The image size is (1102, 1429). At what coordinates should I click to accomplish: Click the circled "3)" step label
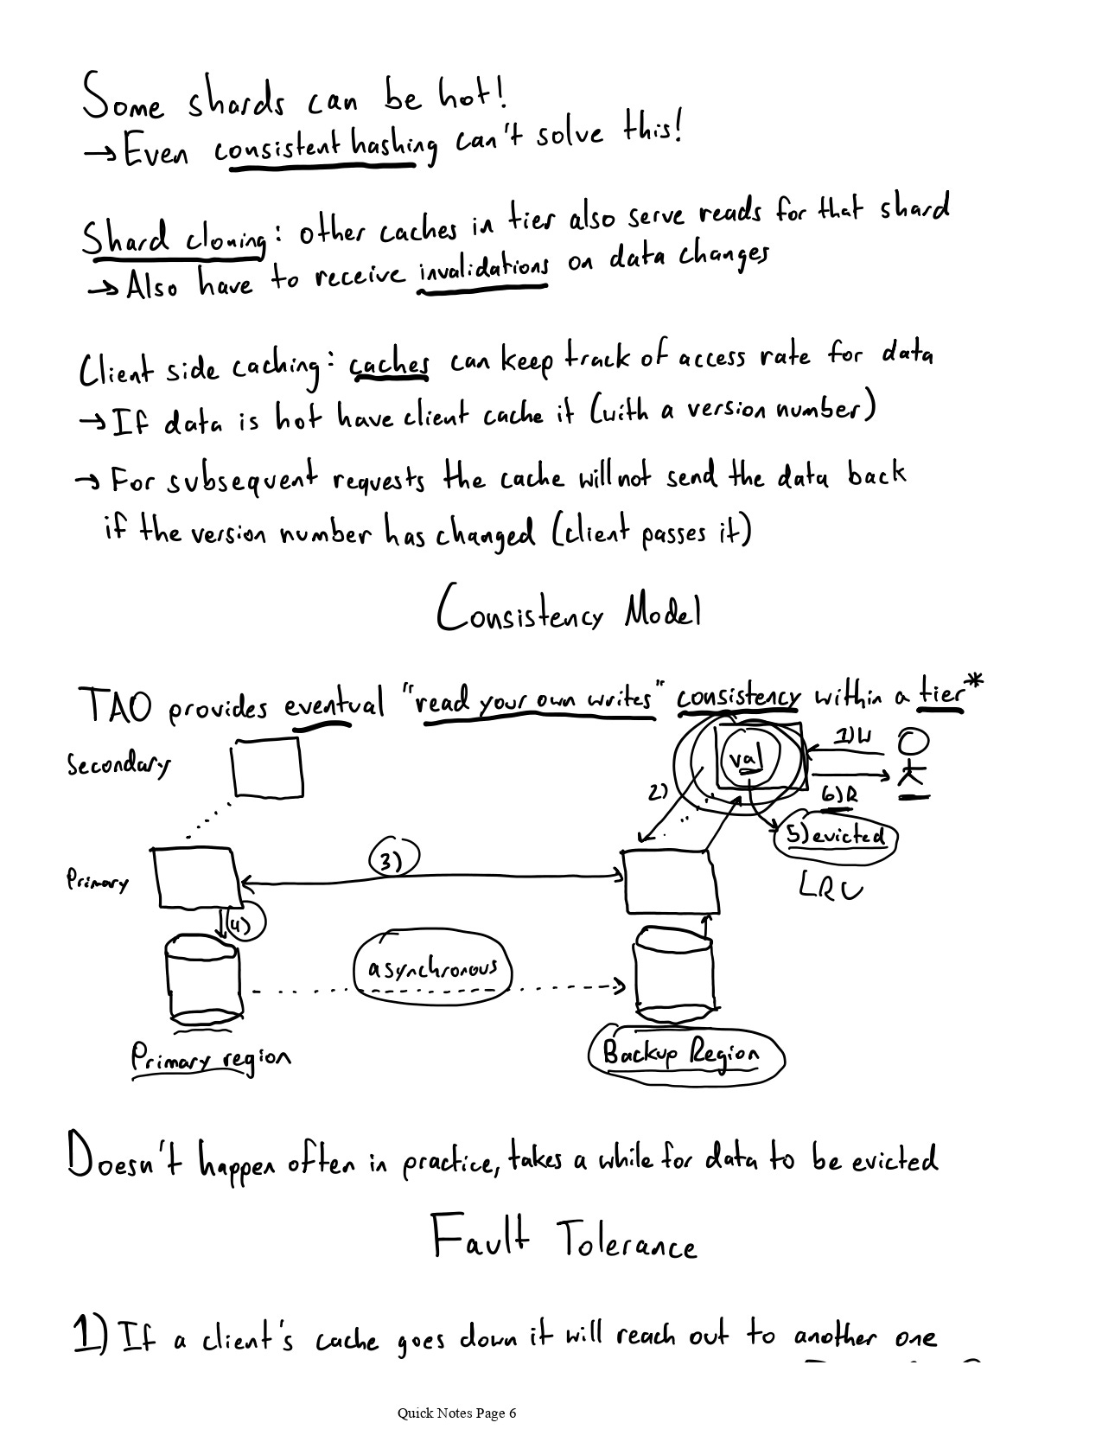click(393, 860)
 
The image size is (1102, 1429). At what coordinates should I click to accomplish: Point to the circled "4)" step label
click(242, 925)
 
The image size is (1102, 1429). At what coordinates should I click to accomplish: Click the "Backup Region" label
click(684, 1054)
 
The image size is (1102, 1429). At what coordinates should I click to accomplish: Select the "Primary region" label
click(210, 1058)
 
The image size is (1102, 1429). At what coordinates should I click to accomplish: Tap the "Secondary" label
click(118, 764)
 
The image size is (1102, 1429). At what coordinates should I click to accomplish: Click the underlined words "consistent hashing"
click(325, 149)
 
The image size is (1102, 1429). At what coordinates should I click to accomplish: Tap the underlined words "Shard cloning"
click(174, 237)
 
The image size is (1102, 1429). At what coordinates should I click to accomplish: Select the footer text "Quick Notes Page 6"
click(456, 1413)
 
